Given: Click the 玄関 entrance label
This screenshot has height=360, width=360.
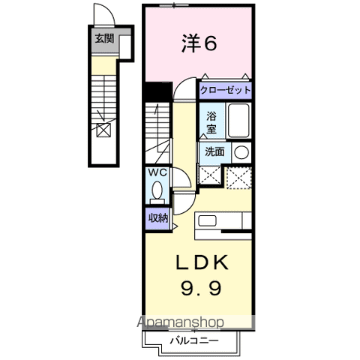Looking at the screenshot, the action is pyautogui.click(x=104, y=39).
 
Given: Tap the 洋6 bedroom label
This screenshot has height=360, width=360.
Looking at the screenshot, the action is pyautogui.click(x=199, y=43).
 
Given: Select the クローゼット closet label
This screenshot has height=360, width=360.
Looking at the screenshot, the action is pyautogui.click(x=225, y=90).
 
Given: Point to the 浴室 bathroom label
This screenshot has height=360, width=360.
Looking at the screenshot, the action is pyautogui.click(x=211, y=122).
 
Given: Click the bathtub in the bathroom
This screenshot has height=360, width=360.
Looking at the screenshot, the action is pyautogui.click(x=238, y=120).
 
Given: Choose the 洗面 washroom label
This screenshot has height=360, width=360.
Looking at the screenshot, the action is pyautogui.click(x=214, y=151).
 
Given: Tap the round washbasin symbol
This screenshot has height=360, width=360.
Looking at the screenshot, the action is pyautogui.click(x=241, y=152).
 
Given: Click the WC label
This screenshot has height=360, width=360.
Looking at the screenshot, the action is pyautogui.click(x=157, y=172).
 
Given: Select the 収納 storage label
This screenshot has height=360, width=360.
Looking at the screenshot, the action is pyautogui.click(x=158, y=218).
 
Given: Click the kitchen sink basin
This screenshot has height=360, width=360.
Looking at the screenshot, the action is pyautogui.click(x=208, y=220).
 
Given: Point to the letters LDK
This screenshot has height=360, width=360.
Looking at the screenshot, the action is pyautogui.click(x=202, y=262).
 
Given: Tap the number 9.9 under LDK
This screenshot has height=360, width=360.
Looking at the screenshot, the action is pyautogui.click(x=201, y=288).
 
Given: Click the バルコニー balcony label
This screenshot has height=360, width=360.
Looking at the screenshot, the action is pyautogui.click(x=194, y=340).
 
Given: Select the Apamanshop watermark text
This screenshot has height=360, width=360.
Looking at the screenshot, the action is pyautogui.click(x=180, y=322).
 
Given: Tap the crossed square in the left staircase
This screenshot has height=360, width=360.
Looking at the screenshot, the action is pyautogui.click(x=103, y=130).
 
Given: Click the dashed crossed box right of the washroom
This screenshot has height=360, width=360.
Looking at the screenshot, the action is pyautogui.click(x=238, y=178).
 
